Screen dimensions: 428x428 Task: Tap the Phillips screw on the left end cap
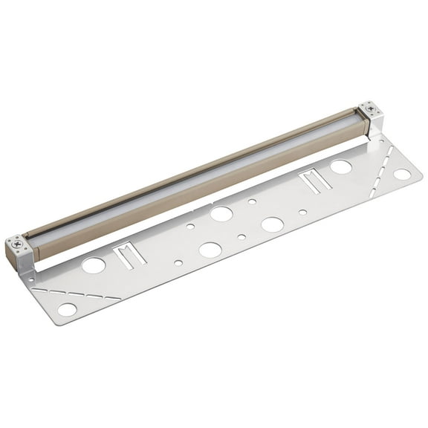coord(16,243)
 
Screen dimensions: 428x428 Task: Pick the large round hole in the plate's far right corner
coord(402,174)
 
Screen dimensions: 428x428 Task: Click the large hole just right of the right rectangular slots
coord(341,167)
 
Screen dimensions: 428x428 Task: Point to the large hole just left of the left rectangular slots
coord(94,265)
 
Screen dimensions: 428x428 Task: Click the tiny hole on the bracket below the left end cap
coord(30,279)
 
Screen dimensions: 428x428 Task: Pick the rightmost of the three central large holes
coord(272,224)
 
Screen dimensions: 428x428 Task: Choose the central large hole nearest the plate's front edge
coord(210,250)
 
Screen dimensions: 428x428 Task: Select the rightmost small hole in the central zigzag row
coord(302,212)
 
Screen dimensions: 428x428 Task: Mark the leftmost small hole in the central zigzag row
coord(178,262)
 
